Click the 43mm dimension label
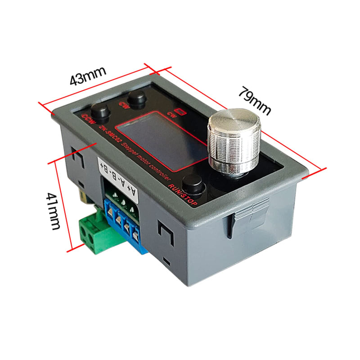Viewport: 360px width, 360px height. [88, 76]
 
